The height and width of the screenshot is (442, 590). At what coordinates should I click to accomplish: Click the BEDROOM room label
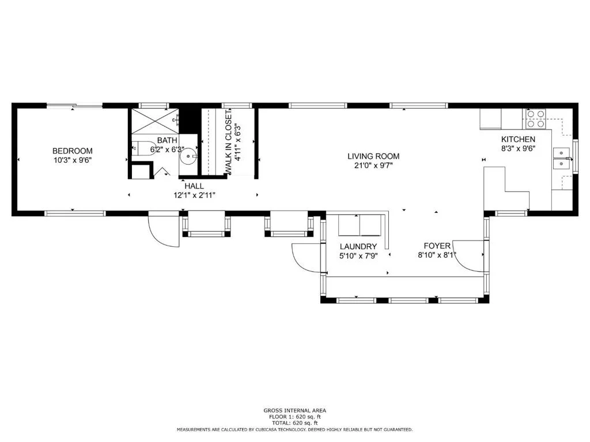click(x=72, y=151)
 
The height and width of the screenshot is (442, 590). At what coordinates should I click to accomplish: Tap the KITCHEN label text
click(x=518, y=139)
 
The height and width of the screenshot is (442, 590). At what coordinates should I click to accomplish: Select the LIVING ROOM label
click(x=373, y=157)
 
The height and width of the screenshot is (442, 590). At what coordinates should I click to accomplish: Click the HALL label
click(x=194, y=186)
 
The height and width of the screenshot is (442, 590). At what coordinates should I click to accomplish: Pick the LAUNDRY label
click(x=358, y=246)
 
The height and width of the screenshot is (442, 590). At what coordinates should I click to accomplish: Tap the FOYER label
click(x=437, y=246)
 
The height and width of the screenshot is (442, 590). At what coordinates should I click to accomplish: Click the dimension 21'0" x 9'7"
click(x=373, y=166)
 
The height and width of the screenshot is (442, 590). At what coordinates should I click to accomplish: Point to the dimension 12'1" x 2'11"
click(x=194, y=196)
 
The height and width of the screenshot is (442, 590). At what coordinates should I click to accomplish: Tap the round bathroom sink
click(x=188, y=155)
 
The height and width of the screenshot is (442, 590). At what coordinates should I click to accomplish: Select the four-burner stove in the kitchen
click(x=535, y=119)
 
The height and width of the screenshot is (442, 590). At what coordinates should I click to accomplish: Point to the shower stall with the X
click(x=155, y=121)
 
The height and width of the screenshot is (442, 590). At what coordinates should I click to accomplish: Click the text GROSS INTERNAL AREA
click(x=294, y=410)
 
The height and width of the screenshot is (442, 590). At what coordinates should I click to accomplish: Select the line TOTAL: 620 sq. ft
click(x=294, y=423)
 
